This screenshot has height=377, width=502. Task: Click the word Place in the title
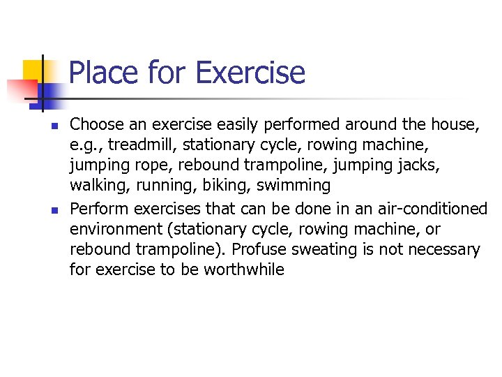pyautogui.click(x=103, y=73)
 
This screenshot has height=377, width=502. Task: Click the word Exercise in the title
pyautogui.click(x=250, y=73)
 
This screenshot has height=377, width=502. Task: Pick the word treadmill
pyautogui.click(x=135, y=146)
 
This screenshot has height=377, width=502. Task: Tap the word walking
pyautogui.click(x=97, y=186)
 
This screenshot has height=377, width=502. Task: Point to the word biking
pyautogui.click(x=227, y=186)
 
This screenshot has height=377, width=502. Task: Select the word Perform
pyautogui.click(x=99, y=209)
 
